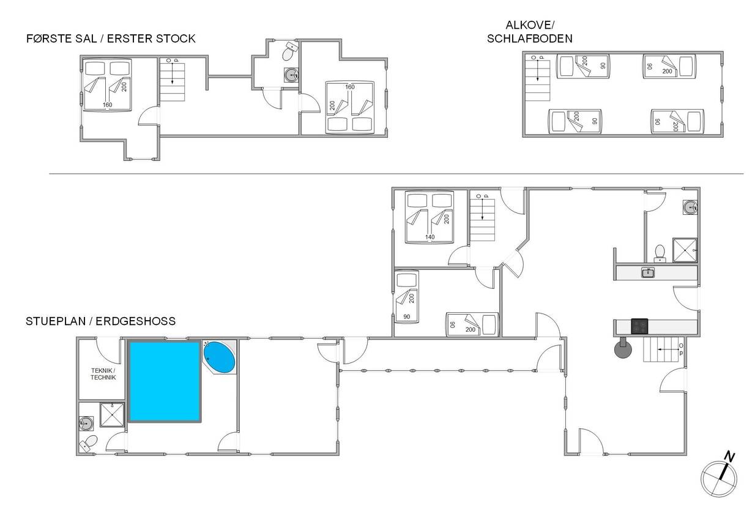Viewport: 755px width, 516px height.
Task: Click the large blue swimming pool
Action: point(165,381)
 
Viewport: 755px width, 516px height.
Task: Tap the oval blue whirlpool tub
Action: point(220,357)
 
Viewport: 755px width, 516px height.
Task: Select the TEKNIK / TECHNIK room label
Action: point(103,374)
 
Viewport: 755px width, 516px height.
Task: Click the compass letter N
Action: point(729,457)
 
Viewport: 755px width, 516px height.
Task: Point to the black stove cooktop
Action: point(639,326)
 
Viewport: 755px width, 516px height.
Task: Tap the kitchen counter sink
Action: point(648,272)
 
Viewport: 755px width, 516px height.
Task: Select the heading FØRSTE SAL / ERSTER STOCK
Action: point(111,39)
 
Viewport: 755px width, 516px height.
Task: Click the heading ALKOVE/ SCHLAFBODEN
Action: point(529,32)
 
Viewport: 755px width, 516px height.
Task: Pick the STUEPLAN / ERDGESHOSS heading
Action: point(101,321)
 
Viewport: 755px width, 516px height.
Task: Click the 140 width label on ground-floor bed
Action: point(430,237)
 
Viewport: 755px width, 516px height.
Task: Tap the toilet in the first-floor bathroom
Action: point(289,51)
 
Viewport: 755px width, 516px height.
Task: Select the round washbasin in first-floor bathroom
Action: point(291,75)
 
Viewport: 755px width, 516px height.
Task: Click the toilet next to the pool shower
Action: point(89,443)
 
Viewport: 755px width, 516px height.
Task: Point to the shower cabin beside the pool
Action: point(112,414)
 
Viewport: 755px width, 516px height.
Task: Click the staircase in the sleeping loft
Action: point(538,81)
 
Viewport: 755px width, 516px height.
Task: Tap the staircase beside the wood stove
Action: point(661,350)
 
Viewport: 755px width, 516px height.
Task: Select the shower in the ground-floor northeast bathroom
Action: point(685,250)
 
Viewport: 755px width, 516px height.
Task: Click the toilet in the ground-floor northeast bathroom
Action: point(660,253)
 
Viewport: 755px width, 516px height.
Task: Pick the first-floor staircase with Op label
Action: point(173,81)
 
